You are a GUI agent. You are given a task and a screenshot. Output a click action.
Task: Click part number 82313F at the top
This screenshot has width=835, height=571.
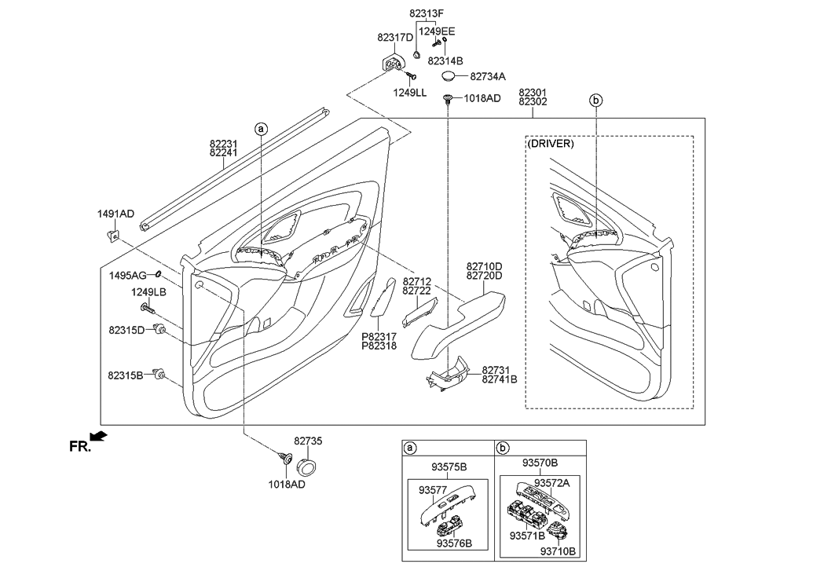pos(427,13)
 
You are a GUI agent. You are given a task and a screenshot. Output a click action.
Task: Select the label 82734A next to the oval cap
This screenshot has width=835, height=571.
pos(488,76)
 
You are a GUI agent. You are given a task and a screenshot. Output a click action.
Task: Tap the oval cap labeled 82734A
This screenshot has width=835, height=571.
pos(449,75)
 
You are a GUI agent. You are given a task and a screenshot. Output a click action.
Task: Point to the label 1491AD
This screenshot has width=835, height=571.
pos(115,214)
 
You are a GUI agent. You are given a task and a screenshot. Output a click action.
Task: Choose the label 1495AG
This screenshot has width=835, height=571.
pos(128,275)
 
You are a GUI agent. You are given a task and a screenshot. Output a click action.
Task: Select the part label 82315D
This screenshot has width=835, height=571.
pos(126,330)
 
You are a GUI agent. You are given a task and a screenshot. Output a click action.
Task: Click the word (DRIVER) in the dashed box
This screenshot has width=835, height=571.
pos(551,145)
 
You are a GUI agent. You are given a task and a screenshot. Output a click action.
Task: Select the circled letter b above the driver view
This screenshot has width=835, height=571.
pos(595,100)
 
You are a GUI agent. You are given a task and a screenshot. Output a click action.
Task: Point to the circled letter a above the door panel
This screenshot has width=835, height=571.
pos(261,127)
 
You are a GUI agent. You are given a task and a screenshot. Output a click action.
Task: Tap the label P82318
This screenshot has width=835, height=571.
pos(379,346)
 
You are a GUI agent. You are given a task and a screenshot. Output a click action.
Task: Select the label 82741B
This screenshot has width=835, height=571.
pos(500,379)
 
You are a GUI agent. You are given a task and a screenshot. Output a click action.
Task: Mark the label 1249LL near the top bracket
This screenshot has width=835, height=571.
pos(410,93)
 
